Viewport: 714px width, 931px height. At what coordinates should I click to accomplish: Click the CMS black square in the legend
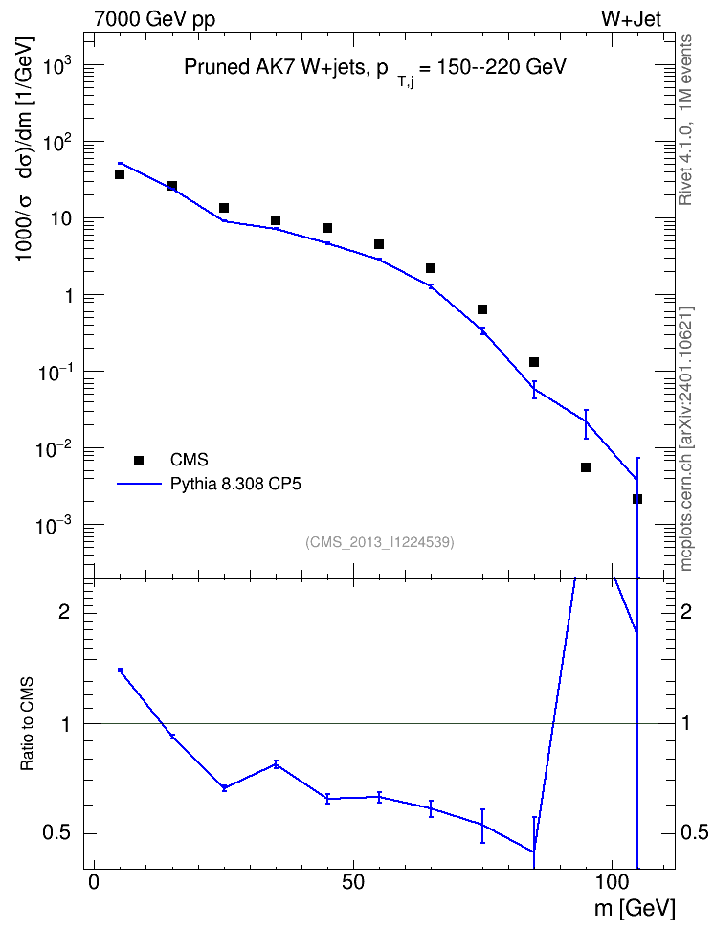pyautogui.click(x=139, y=460)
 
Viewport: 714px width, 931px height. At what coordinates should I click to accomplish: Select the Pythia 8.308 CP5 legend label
pyautogui.click(x=235, y=485)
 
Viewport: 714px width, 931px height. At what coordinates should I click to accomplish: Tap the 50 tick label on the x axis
pyautogui.click(x=353, y=882)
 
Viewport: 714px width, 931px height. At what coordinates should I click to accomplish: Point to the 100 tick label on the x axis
pyautogui.click(x=612, y=882)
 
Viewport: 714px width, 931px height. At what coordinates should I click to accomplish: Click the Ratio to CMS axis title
pyautogui.click(x=27, y=723)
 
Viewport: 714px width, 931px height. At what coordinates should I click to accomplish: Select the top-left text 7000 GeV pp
pyautogui.click(x=154, y=19)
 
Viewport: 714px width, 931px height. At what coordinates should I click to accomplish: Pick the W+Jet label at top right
pyautogui.click(x=631, y=18)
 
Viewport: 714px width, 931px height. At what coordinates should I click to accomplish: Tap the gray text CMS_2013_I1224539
pyautogui.click(x=380, y=542)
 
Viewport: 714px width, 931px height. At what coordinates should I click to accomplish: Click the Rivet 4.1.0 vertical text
pyautogui.click(x=685, y=120)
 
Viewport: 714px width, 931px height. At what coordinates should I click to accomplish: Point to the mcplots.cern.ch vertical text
pyautogui.click(x=685, y=440)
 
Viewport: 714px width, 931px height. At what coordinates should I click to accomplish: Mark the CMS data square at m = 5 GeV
pyautogui.click(x=120, y=174)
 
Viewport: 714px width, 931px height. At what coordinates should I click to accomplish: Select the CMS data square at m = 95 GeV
pyautogui.click(x=586, y=467)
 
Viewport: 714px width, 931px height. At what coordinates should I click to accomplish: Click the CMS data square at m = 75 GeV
pyautogui.click(x=482, y=309)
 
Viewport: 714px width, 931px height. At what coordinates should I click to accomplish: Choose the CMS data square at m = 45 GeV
pyautogui.click(x=327, y=228)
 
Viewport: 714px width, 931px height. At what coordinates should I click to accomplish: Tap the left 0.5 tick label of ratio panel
pyautogui.click(x=57, y=833)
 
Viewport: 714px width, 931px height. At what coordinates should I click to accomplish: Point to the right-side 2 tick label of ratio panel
pyautogui.click(x=686, y=612)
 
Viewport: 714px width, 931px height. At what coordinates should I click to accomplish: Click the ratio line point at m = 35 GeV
pyautogui.click(x=276, y=764)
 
